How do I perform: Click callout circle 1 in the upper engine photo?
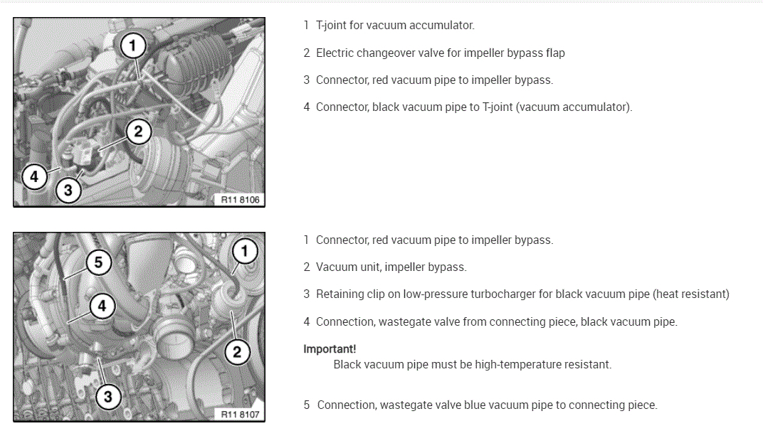pyautogui.click(x=132, y=46)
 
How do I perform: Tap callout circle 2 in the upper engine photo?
pyautogui.click(x=138, y=131)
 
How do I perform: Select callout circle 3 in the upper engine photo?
pyautogui.click(x=68, y=190)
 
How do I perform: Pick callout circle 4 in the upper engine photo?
pyautogui.click(x=34, y=176)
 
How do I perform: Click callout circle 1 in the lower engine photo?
pyautogui.click(x=245, y=250)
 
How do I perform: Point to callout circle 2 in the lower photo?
pyautogui.click(x=237, y=351)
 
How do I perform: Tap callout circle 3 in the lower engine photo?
pyautogui.click(x=107, y=397)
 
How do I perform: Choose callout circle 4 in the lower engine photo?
pyautogui.click(x=102, y=306)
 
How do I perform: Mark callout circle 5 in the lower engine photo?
pyautogui.click(x=98, y=262)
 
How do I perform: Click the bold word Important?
pyautogui.click(x=330, y=349)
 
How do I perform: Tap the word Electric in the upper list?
pyautogui.click(x=335, y=53)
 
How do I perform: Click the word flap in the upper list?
pyautogui.click(x=554, y=53)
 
